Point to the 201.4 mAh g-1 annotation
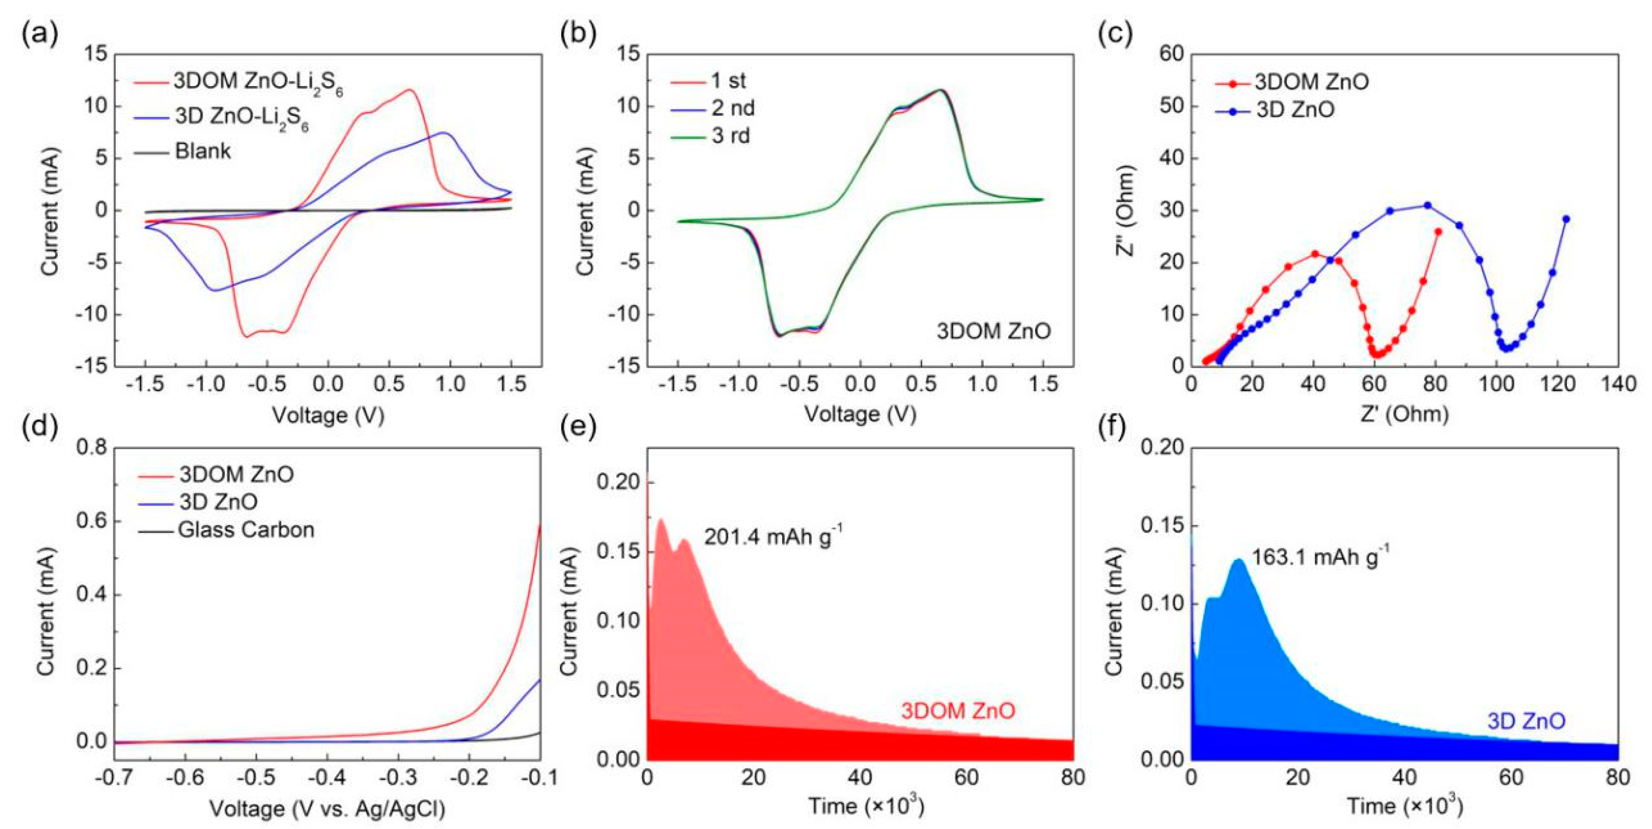tap(773, 535)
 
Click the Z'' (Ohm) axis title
tap(1127, 210)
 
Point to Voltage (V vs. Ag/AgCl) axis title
tap(327, 809)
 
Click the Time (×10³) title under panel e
tap(866, 806)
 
